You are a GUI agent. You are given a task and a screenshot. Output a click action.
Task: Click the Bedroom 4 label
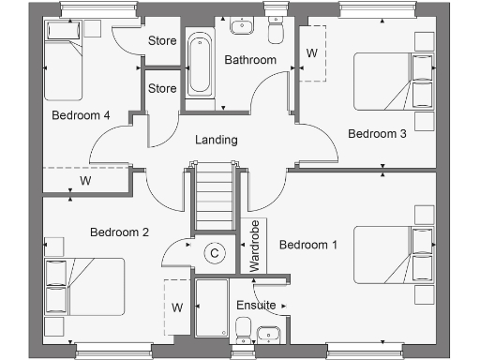[81, 115]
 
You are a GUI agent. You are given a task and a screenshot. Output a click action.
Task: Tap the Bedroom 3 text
[377, 134]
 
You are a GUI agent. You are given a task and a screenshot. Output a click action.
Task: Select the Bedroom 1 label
[308, 245]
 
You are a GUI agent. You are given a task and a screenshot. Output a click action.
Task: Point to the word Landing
[216, 141]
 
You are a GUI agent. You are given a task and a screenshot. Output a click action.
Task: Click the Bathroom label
[250, 61]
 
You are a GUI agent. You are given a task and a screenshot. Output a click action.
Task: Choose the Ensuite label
[256, 306]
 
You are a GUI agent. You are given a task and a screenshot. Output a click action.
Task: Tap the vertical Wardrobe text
[254, 246]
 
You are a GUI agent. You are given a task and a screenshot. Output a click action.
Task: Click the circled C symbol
[215, 253]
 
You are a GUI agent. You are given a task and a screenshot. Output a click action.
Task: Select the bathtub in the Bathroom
[199, 65]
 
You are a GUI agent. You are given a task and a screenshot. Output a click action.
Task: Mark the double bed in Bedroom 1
[395, 254]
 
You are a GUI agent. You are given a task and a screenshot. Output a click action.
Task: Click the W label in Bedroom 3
[312, 53]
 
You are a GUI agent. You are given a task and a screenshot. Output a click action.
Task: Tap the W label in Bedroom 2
[176, 307]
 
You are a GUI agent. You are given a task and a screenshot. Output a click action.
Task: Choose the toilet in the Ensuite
[243, 330]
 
